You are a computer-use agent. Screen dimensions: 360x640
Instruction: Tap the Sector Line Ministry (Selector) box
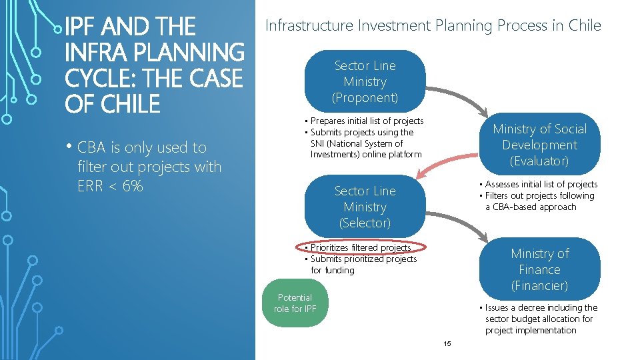pyautogui.click(x=365, y=207)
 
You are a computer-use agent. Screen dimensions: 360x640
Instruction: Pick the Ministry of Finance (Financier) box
pyautogui.click(x=539, y=269)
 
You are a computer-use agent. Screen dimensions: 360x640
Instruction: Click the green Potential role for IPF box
pyautogui.click(x=295, y=303)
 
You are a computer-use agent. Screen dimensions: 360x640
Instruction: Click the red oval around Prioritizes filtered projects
pyautogui.click(x=361, y=247)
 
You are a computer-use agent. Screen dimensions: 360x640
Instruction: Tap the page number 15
pyautogui.click(x=447, y=343)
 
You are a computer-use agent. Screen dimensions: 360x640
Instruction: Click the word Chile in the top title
pyautogui.click(x=585, y=26)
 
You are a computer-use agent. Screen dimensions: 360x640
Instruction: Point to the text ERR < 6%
pyautogui.click(x=110, y=186)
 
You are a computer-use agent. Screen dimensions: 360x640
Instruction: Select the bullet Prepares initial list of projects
pyautogui.click(x=367, y=121)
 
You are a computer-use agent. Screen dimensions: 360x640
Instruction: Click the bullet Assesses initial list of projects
pyautogui.click(x=541, y=184)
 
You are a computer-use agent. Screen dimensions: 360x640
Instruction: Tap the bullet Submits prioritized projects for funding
pyautogui.click(x=363, y=265)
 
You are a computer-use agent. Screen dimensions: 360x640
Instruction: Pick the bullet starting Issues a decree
pyautogui.click(x=541, y=319)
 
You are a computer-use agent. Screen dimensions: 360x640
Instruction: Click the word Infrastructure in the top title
pyautogui.click(x=309, y=26)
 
